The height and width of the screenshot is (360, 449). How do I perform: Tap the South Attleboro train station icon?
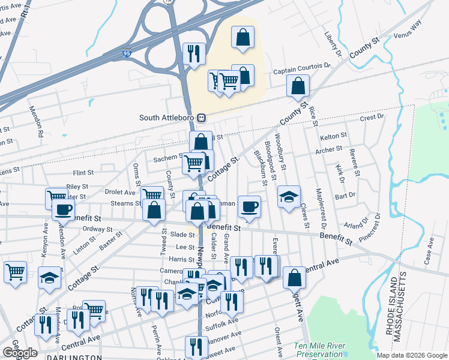click(x=202, y=118)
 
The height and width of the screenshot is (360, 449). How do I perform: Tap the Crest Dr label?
click(x=372, y=118)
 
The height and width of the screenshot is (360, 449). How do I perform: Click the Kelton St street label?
click(x=334, y=137)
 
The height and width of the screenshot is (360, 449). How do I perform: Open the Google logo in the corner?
click(x=20, y=353)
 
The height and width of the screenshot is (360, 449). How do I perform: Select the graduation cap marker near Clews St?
click(x=289, y=196)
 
